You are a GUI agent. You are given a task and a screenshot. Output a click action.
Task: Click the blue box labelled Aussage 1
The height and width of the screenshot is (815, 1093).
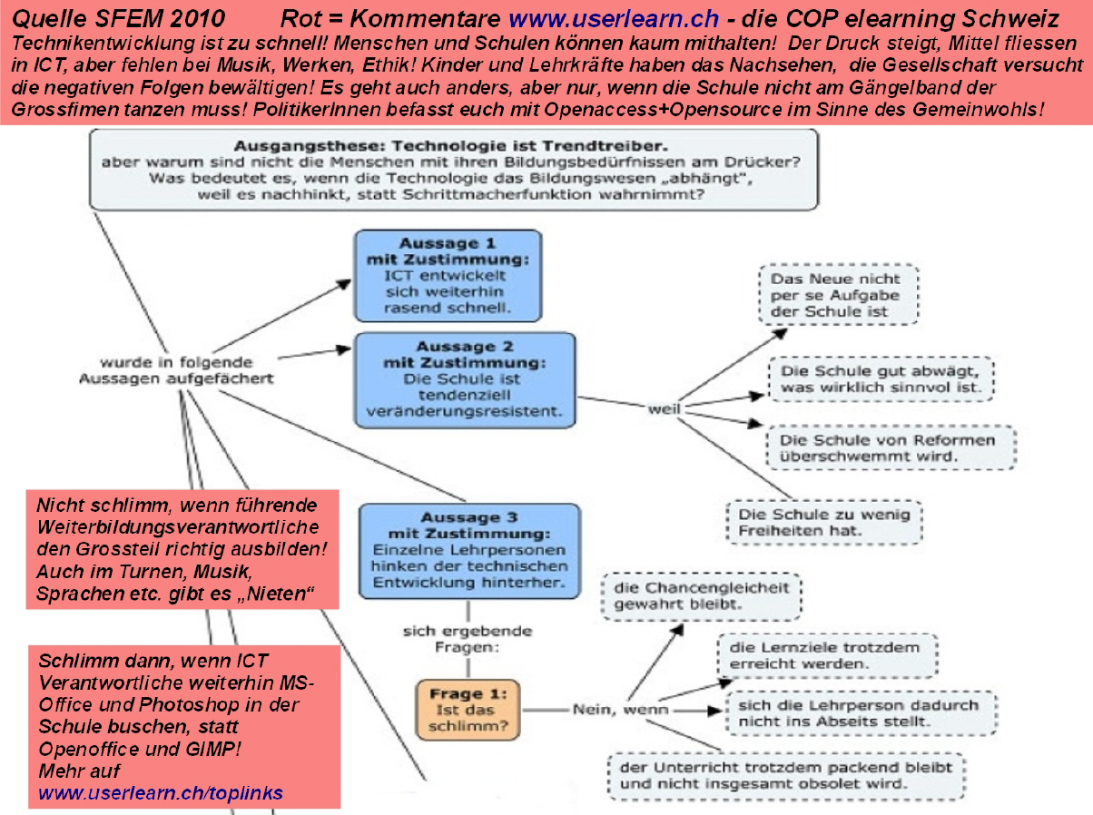click(448, 275)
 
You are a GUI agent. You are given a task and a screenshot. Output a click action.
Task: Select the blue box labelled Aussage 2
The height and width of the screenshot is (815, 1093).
click(465, 379)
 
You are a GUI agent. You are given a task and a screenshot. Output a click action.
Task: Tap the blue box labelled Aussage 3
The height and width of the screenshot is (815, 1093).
click(469, 551)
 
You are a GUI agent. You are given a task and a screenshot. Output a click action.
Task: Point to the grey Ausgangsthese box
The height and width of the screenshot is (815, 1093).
click(453, 170)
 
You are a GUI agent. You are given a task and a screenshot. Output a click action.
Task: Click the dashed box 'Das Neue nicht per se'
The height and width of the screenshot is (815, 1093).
click(838, 294)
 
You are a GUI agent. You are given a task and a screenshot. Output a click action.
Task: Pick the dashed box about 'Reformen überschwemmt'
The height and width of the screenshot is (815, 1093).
click(891, 447)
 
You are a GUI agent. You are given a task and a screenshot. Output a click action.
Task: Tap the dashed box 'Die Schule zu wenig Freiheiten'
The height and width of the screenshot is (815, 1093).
click(824, 522)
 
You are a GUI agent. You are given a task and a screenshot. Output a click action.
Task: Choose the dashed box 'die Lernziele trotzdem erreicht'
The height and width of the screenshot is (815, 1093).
click(826, 655)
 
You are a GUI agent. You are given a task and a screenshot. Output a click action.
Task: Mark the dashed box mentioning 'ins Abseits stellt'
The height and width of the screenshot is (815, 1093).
click(862, 712)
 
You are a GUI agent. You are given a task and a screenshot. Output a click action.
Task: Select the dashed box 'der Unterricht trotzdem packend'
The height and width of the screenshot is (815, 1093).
click(786, 775)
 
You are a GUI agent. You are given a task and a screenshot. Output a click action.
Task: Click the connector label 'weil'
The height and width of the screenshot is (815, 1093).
click(665, 410)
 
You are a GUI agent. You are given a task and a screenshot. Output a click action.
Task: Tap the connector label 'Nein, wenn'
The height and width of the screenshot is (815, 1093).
click(620, 709)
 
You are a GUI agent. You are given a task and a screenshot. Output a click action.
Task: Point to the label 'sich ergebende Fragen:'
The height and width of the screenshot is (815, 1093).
click(468, 639)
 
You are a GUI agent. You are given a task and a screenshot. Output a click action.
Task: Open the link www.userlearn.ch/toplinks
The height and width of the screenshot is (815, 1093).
click(160, 792)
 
